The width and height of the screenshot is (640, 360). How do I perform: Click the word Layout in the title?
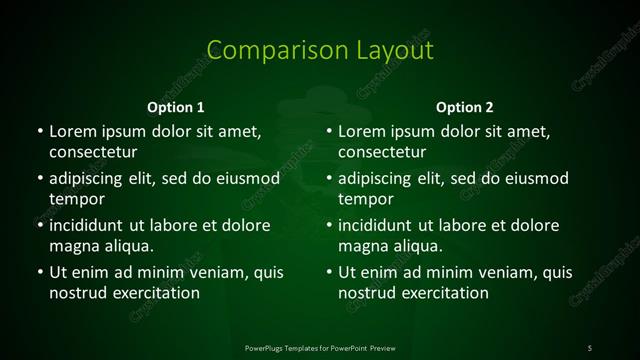coord(384,51)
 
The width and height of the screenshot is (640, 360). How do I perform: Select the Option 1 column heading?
coord(176,107)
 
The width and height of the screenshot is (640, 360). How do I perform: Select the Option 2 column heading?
coord(465,107)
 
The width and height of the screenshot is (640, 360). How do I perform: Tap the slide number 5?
coord(589,347)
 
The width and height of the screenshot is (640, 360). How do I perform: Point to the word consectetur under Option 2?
coord(383,152)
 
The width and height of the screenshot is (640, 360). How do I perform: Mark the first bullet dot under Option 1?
coord(39,131)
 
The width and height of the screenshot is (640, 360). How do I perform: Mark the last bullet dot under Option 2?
coord(329,272)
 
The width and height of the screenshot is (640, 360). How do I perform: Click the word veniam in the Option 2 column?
coord(512,272)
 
